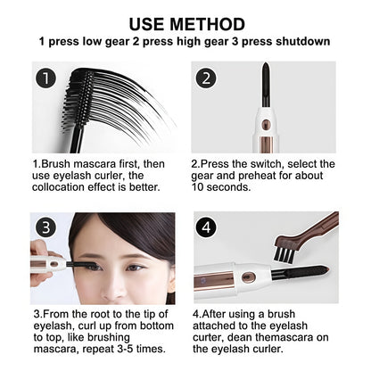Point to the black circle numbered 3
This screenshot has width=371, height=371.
pyautogui.click(x=47, y=229)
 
